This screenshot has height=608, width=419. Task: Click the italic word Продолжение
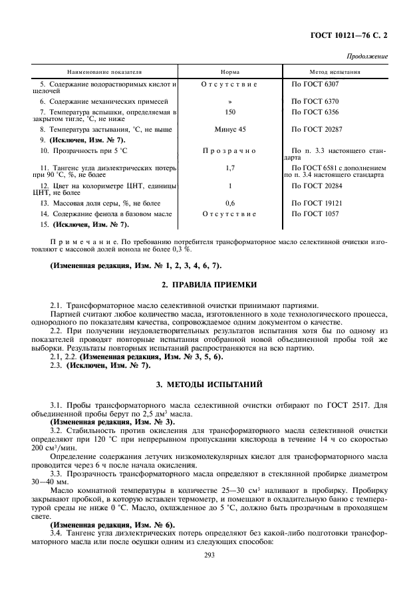[x=367, y=57]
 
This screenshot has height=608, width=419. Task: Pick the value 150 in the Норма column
[x=229, y=112]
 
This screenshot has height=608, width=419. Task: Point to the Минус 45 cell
[x=229, y=128]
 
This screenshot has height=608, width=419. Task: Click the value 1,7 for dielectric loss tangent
[x=229, y=169]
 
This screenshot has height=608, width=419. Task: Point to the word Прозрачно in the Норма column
[x=229, y=151]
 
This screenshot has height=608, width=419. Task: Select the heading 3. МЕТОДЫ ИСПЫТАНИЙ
[x=209, y=384]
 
